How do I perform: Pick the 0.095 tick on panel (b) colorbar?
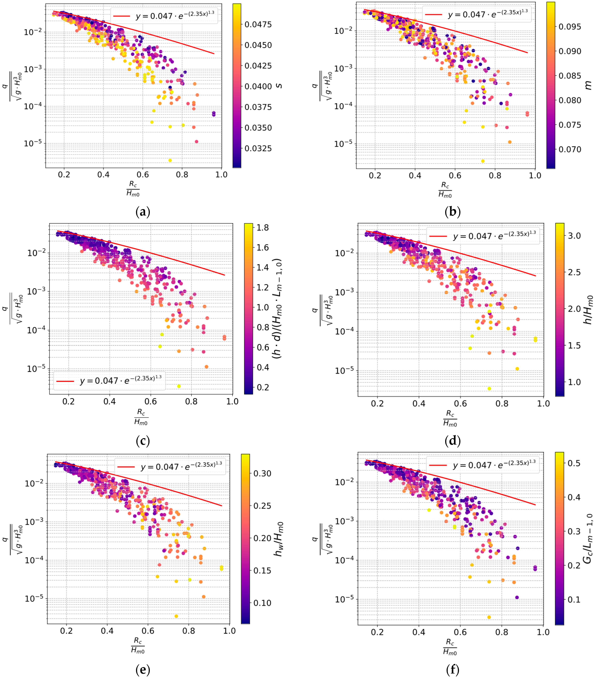570,27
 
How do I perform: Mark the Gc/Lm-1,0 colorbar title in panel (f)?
588,538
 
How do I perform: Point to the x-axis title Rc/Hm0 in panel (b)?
445,190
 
